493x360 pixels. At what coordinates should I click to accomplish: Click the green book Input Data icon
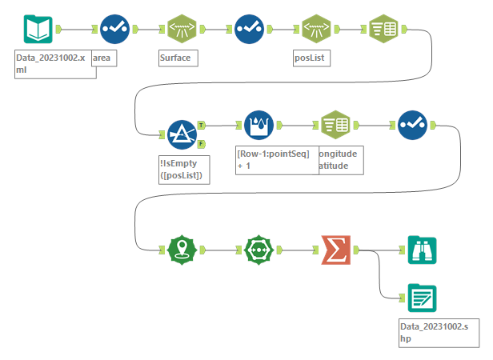[37, 30]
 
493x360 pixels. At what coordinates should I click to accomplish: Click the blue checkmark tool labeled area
[114, 30]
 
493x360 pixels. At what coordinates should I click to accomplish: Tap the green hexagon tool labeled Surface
[182, 30]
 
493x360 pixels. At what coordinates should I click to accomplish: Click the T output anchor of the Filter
[201, 125]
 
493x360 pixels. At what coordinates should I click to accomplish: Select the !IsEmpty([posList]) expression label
[183, 169]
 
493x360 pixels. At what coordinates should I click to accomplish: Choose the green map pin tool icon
[182, 250]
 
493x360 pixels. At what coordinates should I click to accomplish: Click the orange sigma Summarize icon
[335, 250]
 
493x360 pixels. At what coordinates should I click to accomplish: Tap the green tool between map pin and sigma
[259, 250]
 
